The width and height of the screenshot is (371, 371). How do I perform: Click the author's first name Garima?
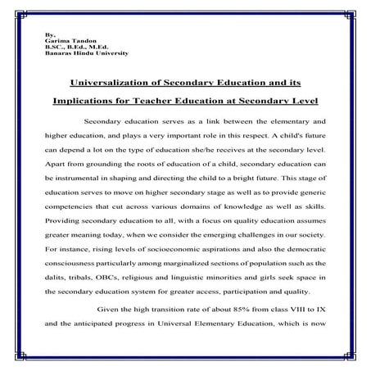click(53, 41)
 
